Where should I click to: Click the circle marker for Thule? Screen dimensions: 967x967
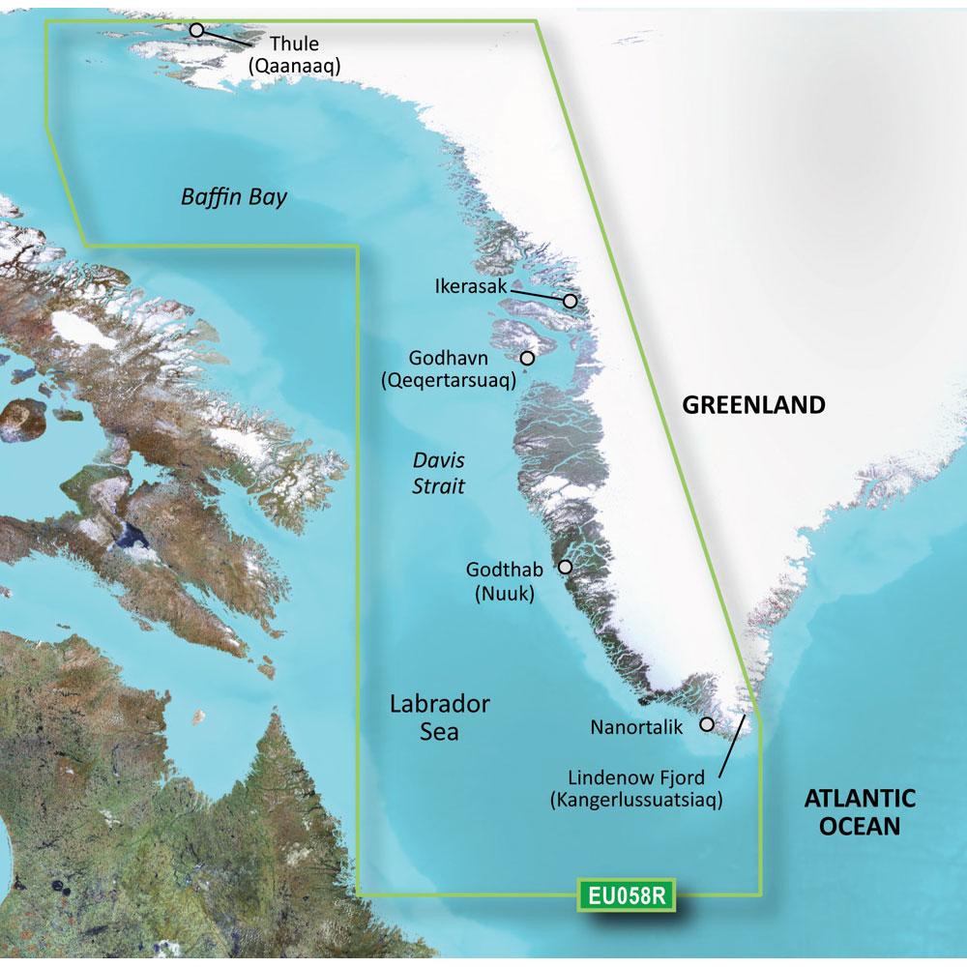196,30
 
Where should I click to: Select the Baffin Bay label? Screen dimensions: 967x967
234,197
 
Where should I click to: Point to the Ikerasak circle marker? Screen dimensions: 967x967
571,301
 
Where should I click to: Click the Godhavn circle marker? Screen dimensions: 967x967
527,358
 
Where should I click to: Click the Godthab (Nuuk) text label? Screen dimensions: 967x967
505,582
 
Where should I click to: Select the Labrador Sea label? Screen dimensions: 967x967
439,717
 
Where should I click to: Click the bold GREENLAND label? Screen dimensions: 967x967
754,405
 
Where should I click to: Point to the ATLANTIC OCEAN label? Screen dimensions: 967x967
860,812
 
